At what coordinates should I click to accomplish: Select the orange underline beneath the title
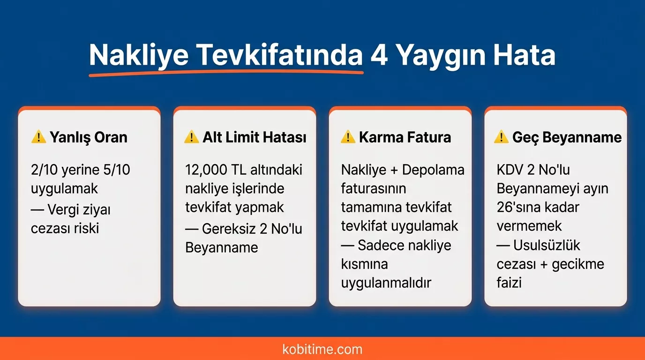(x=225, y=73)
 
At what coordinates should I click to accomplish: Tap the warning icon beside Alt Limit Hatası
(x=191, y=137)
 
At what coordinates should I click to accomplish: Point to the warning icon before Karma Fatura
(x=347, y=137)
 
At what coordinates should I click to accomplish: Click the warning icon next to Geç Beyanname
(x=501, y=137)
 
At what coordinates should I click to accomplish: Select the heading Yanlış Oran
(x=88, y=137)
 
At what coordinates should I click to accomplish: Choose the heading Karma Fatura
(x=405, y=137)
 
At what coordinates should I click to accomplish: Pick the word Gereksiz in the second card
(x=229, y=229)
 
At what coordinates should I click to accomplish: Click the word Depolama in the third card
(x=433, y=170)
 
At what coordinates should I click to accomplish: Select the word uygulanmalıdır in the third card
(x=386, y=283)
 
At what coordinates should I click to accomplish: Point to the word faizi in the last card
(x=509, y=283)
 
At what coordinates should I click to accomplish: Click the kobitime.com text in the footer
(x=322, y=349)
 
